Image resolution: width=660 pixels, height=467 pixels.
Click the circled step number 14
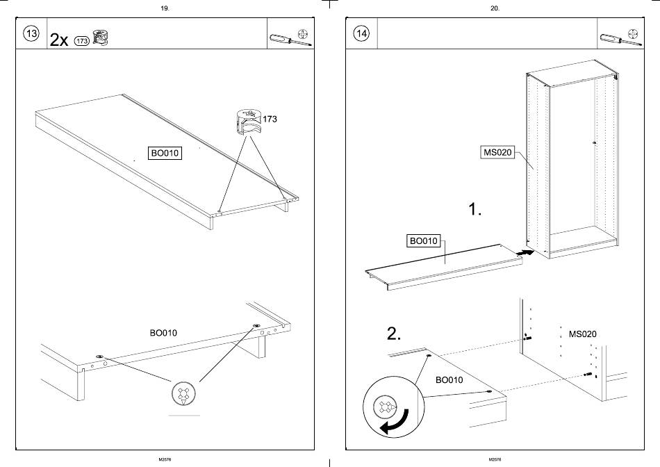click(x=361, y=33)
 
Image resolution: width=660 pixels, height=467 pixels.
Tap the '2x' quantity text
click(x=59, y=40)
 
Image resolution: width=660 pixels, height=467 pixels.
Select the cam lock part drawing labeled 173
click(x=247, y=121)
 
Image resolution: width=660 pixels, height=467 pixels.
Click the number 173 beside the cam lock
click(x=270, y=120)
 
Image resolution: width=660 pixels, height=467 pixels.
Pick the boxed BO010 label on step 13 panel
click(x=165, y=154)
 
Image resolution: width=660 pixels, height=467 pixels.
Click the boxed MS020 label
click(x=497, y=152)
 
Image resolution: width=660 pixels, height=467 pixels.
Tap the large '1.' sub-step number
click(x=475, y=209)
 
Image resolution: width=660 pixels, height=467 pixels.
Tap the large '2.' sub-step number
click(x=394, y=334)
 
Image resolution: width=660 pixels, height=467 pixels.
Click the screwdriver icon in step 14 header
click(x=613, y=39)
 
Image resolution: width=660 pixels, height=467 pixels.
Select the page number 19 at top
click(x=165, y=8)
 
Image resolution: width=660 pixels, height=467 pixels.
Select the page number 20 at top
click(x=495, y=8)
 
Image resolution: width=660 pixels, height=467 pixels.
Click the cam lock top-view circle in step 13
click(x=183, y=394)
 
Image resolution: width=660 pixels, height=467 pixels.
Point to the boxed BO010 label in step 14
click(x=423, y=241)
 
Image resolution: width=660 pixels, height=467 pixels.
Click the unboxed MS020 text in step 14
click(x=582, y=334)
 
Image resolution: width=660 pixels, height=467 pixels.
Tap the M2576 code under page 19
click(x=165, y=459)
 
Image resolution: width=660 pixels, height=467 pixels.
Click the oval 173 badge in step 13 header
click(x=81, y=40)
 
